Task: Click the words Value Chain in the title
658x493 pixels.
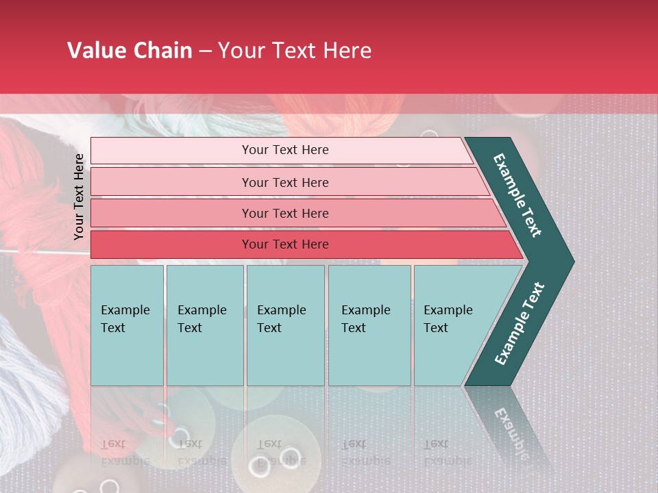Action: tap(130, 51)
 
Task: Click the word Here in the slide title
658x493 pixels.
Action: tap(347, 51)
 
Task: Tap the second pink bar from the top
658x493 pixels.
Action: tap(285, 182)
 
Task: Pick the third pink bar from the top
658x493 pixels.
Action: tap(285, 214)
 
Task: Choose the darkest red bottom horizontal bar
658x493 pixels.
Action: tap(285, 244)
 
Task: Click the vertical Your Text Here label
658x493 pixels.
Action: tap(79, 197)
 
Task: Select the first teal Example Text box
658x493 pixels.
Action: tap(127, 325)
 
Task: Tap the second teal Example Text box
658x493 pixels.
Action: tap(204, 325)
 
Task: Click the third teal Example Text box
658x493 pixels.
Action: tap(284, 325)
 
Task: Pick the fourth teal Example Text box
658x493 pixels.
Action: tap(369, 325)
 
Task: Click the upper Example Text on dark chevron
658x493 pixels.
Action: tap(517, 195)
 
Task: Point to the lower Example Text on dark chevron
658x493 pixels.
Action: tap(519, 323)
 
